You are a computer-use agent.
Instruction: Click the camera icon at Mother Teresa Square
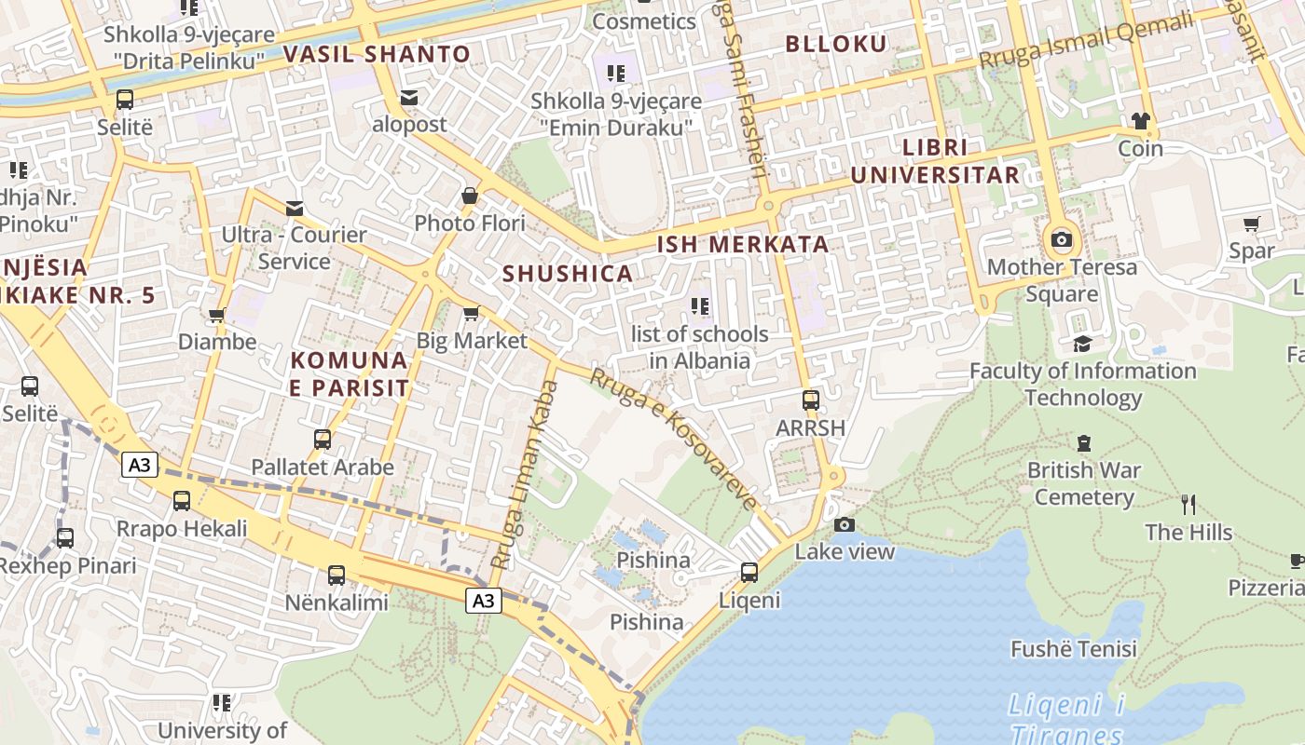(x=1061, y=240)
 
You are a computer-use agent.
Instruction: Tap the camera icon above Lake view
(x=845, y=525)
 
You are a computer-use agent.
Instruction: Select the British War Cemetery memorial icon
(x=1083, y=442)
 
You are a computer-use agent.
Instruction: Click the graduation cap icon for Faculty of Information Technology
(x=1082, y=344)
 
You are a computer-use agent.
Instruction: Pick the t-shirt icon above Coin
(x=1140, y=121)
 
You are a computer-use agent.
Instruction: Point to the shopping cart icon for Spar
(x=1251, y=223)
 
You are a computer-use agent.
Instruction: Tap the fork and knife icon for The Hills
(x=1188, y=505)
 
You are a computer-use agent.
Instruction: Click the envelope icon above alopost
(x=408, y=97)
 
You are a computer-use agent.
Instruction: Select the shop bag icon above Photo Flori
(x=470, y=196)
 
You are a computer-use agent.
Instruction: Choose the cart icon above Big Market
(x=472, y=313)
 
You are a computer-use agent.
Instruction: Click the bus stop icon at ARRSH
(x=811, y=400)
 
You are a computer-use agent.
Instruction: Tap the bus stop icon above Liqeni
(x=749, y=573)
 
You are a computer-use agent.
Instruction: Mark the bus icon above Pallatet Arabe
(x=323, y=439)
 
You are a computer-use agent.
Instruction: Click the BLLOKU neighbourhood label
(x=836, y=44)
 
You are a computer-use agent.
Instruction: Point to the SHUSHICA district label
(x=568, y=274)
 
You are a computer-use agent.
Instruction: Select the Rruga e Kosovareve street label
(x=675, y=440)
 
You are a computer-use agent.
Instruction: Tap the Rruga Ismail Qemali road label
(x=1086, y=42)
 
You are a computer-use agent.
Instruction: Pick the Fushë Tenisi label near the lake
(x=1074, y=649)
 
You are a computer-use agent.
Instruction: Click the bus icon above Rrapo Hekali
(x=182, y=501)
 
